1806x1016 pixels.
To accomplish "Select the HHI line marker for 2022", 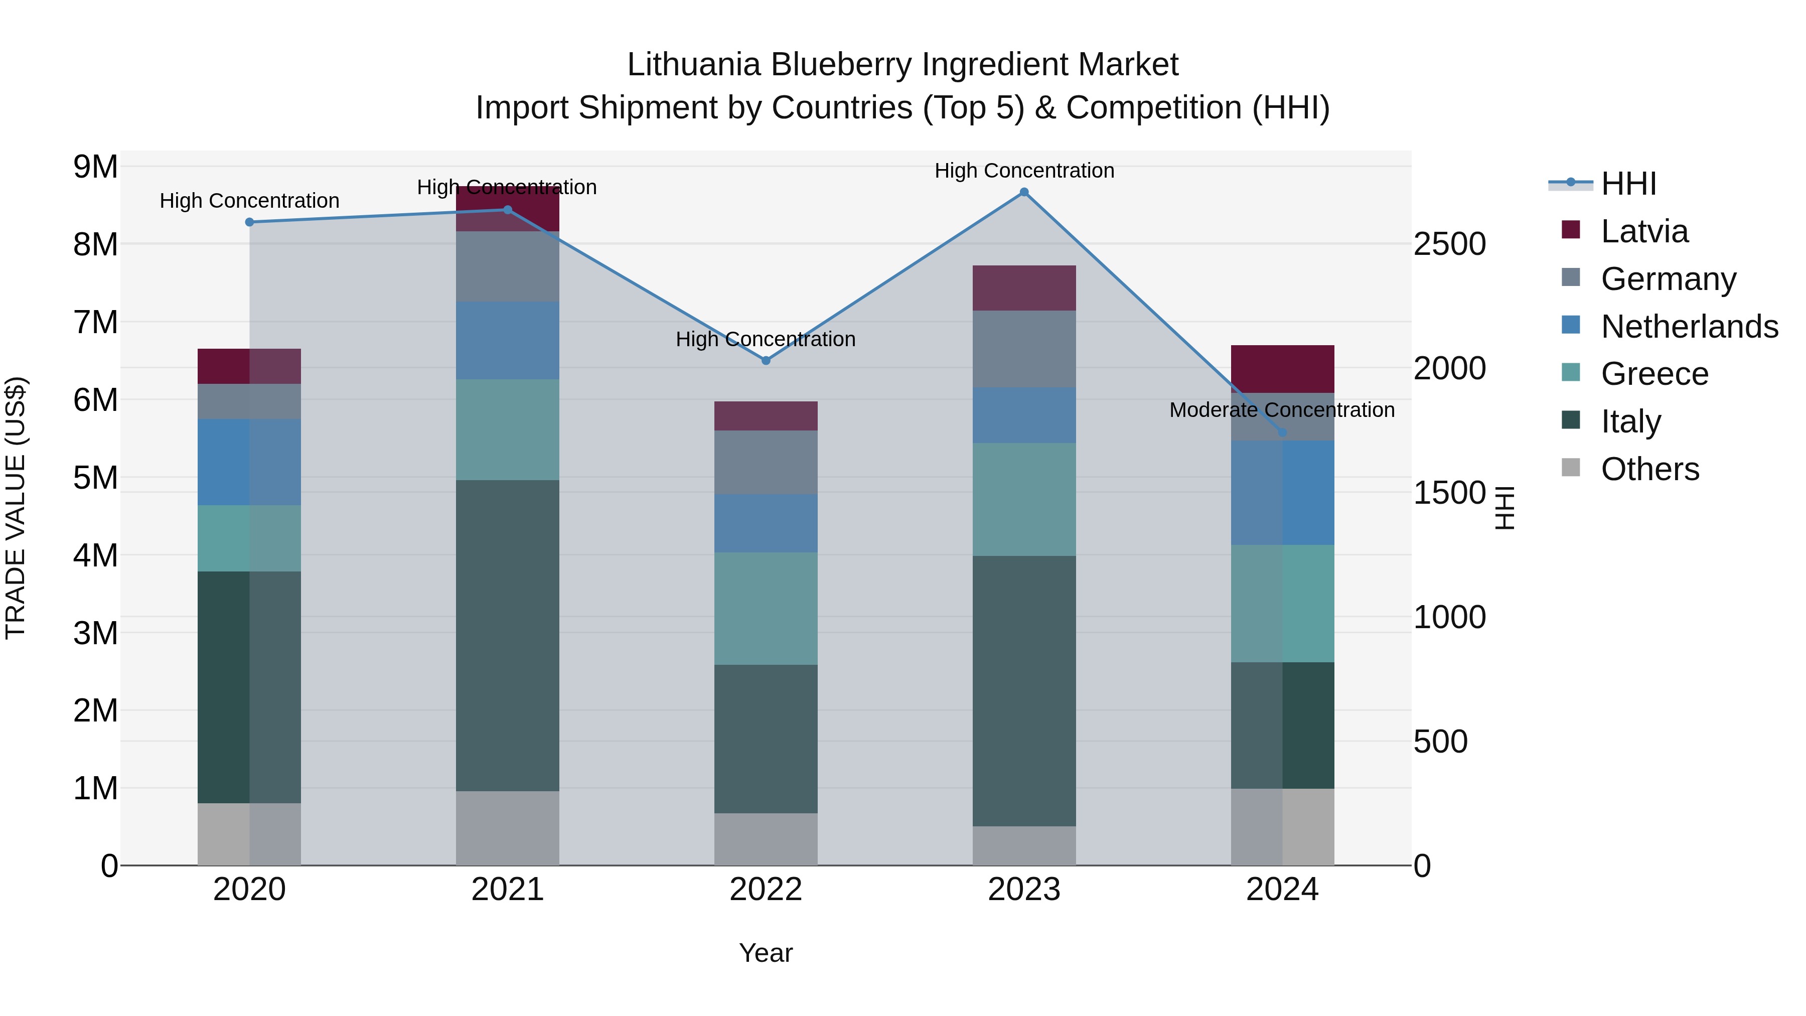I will pyautogui.click(x=766, y=360).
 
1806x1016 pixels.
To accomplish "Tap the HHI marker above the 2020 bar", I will pyautogui.click(x=250, y=222).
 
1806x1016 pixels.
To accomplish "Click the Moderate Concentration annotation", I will pyautogui.click(x=1282, y=410).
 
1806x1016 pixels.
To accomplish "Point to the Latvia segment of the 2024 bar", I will pyautogui.click(x=1282, y=369).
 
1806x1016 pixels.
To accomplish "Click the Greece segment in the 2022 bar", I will pyautogui.click(x=766, y=609).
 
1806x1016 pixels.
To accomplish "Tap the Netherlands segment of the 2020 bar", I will pyautogui.click(x=250, y=462).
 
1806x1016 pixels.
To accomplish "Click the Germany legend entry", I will pyautogui.click(x=1668, y=279).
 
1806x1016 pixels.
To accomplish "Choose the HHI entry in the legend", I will pyautogui.click(x=1628, y=184).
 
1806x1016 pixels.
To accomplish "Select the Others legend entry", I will pyautogui.click(x=1649, y=469).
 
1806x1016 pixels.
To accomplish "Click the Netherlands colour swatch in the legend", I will pyautogui.click(x=1571, y=325).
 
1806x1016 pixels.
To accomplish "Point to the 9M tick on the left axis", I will pyautogui.click(x=95, y=167).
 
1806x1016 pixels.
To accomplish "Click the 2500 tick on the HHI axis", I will pyautogui.click(x=1449, y=245).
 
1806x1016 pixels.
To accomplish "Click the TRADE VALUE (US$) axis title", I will pyautogui.click(x=16, y=508).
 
